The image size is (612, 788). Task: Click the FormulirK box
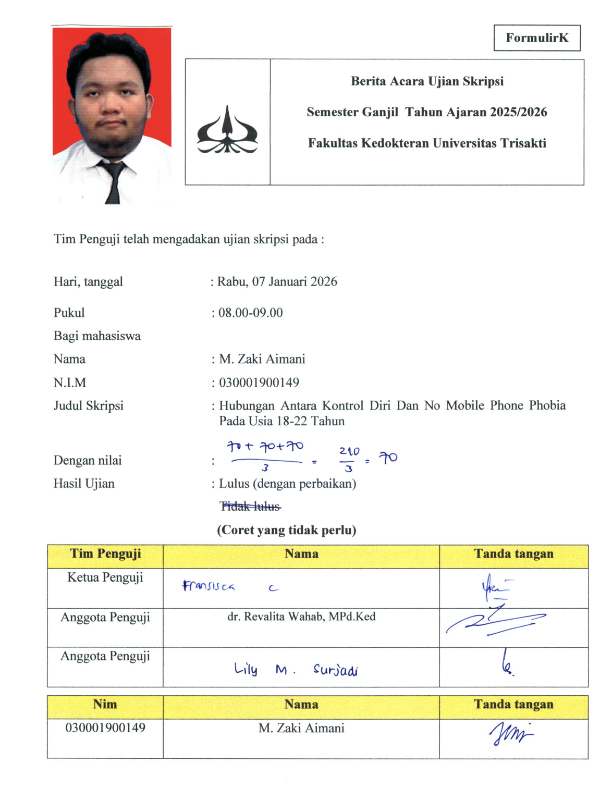click(x=537, y=38)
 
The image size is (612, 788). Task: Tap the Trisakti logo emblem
click(x=227, y=131)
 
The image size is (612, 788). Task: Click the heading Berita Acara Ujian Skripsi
click(x=427, y=81)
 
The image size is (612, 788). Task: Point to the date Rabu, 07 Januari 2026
click(x=277, y=282)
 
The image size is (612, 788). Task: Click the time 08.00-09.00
click(x=250, y=313)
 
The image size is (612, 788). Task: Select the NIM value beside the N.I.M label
click(x=259, y=383)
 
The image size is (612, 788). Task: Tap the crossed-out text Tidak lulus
click(x=250, y=506)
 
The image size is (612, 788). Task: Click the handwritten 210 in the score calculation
click(x=349, y=451)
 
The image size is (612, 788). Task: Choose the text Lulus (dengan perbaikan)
click(x=287, y=484)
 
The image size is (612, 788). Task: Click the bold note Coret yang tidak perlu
click(x=287, y=530)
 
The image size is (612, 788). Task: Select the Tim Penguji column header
click(x=105, y=554)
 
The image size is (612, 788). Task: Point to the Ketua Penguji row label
click(x=105, y=577)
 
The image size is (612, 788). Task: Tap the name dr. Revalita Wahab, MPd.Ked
click(x=301, y=617)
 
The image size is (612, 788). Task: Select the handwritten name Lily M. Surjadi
click(x=296, y=670)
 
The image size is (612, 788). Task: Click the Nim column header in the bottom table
click(x=105, y=705)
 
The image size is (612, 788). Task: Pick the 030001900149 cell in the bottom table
click(x=105, y=728)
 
